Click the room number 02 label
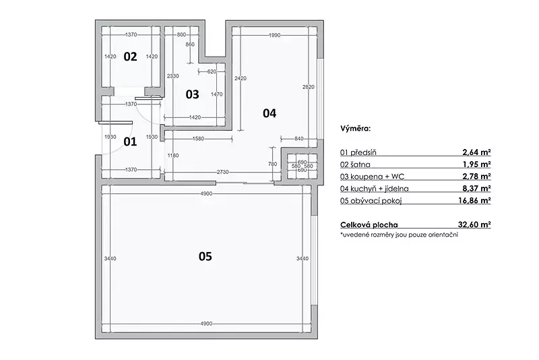coord(130,57)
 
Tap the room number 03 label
coord(192,94)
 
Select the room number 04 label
coord(269,113)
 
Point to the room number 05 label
coord(205,256)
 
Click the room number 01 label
coord(130,142)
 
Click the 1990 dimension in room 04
coord(275,35)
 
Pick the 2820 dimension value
coord(309,87)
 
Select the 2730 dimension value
coord(223,172)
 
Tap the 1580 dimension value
coord(198,139)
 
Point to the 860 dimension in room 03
coord(190,44)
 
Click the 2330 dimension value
coord(173,76)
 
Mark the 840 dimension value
coord(299,139)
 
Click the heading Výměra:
coord(356,129)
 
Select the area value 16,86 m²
coord(474,200)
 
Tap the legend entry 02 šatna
coord(355,164)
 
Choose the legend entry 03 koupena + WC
coord(373,177)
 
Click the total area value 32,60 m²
coord(474,224)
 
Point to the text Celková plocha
coord(369,225)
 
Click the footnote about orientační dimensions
coord(399,235)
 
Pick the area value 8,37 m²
coord(476,188)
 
